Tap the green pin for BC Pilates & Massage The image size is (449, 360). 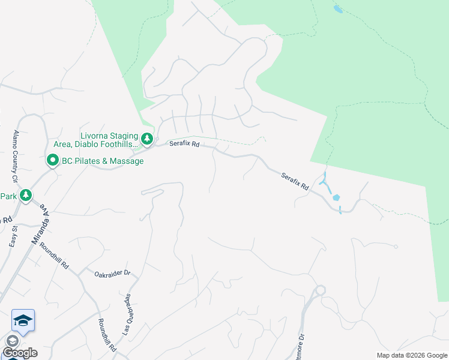(x=52, y=161)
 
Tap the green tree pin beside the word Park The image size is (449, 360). (x=25, y=196)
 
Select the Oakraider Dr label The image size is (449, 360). (x=112, y=274)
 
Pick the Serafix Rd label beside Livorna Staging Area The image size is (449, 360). (x=184, y=144)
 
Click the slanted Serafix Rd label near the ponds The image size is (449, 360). (x=295, y=182)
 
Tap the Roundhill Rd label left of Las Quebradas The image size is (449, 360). (x=106, y=336)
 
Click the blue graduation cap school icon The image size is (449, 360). (x=23, y=320)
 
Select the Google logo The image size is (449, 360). (x=20, y=353)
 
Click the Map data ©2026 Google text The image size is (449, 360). (x=412, y=355)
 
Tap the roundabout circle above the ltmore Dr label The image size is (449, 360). (x=321, y=290)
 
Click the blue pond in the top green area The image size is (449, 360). (x=338, y=10)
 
